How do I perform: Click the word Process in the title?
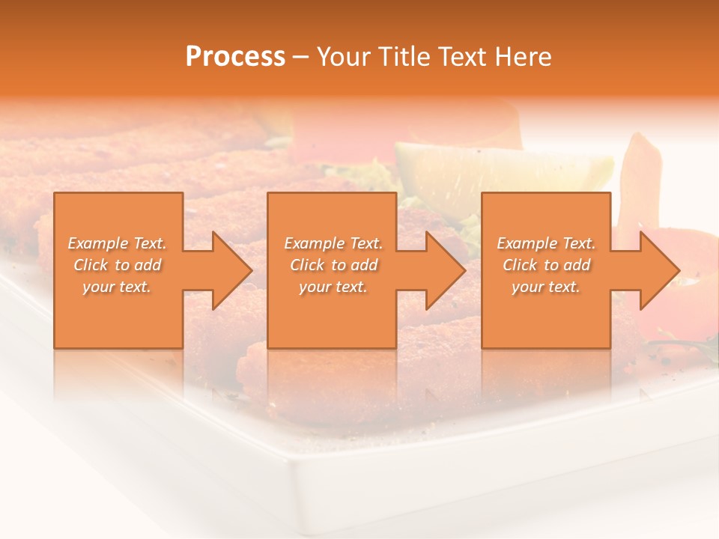click(x=235, y=56)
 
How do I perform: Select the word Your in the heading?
click(x=345, y=56)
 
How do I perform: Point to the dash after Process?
click(x=301, y=58)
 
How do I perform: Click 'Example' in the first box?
click(x=97, y=243)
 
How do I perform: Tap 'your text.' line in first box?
click(x=117, y=287)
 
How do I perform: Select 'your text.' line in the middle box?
click(x=333, y=287)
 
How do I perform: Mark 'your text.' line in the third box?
click(x=546, y=287)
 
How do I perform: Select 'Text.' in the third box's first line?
click(x=578, y=243)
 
